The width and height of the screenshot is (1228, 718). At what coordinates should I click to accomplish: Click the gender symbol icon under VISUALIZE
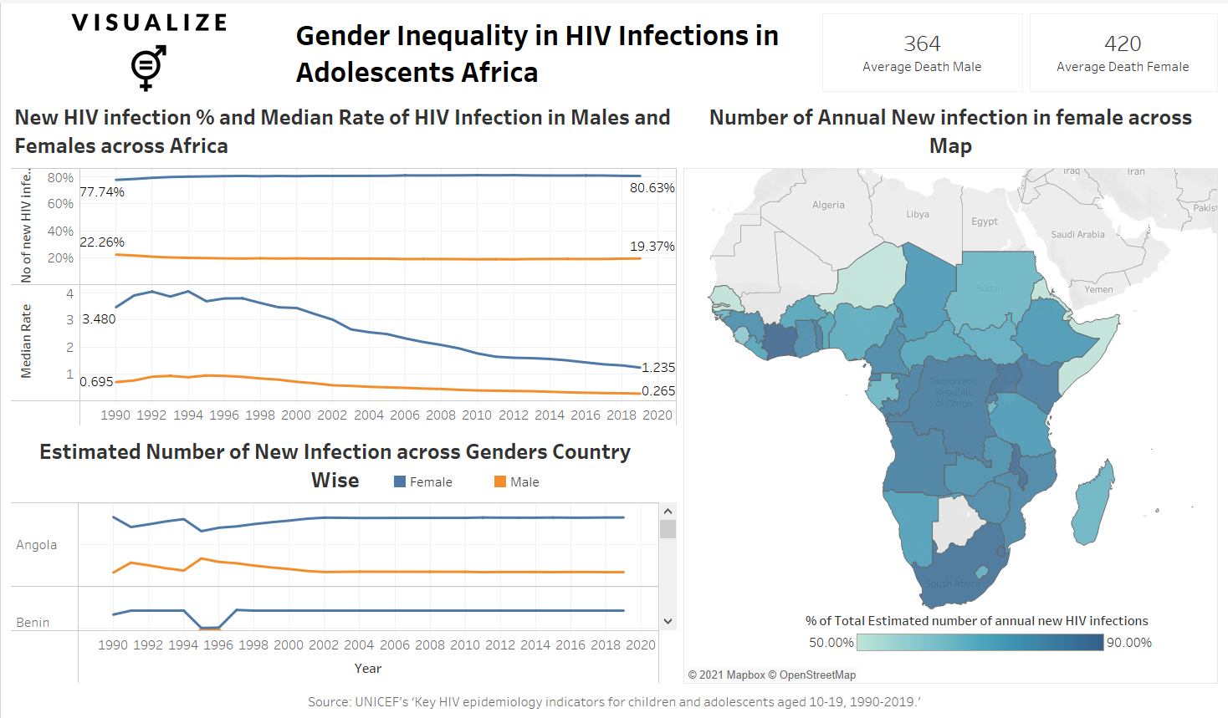148,68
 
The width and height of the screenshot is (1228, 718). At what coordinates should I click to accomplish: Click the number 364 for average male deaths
922,43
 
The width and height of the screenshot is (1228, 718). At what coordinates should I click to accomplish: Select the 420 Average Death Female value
1123,43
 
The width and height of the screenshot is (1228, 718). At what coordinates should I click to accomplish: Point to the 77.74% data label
102,192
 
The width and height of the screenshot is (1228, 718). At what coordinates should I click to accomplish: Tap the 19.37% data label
652,247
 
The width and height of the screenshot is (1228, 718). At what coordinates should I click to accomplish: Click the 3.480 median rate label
99,319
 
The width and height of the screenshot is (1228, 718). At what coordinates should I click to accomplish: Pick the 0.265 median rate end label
658,391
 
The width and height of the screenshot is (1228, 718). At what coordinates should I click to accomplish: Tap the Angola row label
37,545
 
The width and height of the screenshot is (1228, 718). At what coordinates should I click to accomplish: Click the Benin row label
33,623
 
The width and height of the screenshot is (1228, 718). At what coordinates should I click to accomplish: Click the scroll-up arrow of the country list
668,512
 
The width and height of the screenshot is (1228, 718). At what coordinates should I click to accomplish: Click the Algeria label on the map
828,205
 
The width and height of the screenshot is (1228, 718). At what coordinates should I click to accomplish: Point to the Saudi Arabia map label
1077,235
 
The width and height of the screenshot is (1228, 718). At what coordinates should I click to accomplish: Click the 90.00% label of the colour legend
1129,643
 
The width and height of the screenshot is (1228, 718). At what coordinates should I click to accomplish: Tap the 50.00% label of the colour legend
831,643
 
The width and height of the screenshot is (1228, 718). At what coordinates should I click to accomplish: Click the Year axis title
368,669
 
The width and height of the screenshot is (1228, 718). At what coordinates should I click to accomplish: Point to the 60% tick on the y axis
60,204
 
